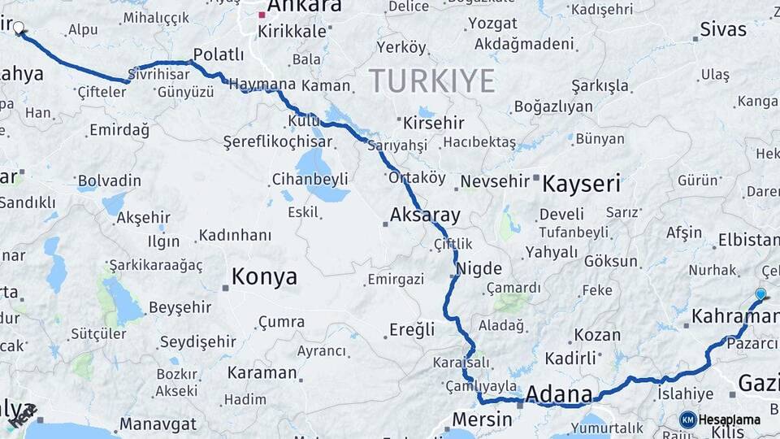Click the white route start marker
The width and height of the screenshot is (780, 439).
click(19, 27)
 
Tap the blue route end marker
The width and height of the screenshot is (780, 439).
click(760, 293)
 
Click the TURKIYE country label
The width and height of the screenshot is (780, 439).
click(431, 80)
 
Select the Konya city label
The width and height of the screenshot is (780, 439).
click(264, 276)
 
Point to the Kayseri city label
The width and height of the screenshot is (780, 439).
click(581, 183)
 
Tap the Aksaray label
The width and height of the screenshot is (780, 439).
click(425, 215)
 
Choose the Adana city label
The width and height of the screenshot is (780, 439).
click(559, 394)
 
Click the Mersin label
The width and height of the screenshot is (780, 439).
click(482, 419)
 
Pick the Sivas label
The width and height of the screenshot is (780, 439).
click(723, 30)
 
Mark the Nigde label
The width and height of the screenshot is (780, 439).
click(479, 268)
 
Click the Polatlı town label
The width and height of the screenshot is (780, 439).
click(217, 54)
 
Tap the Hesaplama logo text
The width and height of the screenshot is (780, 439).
click(729, 419)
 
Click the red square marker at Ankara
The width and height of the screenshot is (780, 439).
click(262, 14)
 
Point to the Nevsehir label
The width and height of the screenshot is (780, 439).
click(495, 180)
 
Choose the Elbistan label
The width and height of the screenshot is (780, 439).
click(748, 240)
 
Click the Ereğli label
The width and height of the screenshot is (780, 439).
click(412, 329)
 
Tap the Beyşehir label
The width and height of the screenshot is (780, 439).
click(180, 307)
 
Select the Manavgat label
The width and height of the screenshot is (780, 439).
click(158, 424)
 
